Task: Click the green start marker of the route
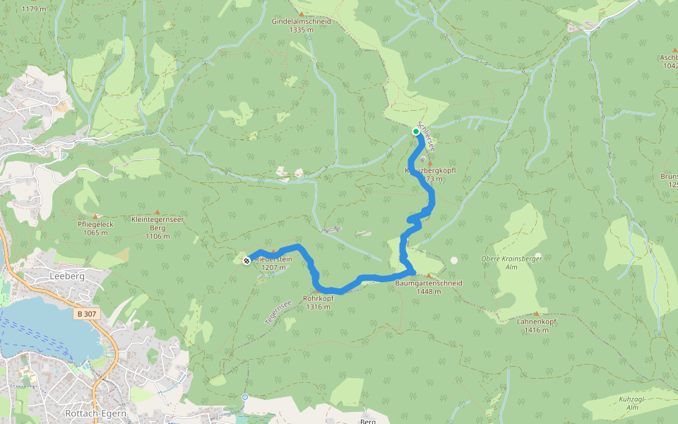click(x=416, y=131)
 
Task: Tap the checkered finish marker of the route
click(x=246, y=261)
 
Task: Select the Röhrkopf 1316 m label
click(x=318, y=302)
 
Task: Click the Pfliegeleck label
click(x=95, y=228)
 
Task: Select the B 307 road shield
click(x=86, y=313)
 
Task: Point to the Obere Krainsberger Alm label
click(x=510, y=264)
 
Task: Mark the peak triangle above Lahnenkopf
click(x=536, y=313)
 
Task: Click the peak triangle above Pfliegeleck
click(x=96, y=216)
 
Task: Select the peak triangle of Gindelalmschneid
click(x=302, y=14)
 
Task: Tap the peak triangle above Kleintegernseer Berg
click(x=157, y=211)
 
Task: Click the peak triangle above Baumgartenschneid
click(x=428, y=276)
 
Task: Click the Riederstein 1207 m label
click(x=273, y=263)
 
